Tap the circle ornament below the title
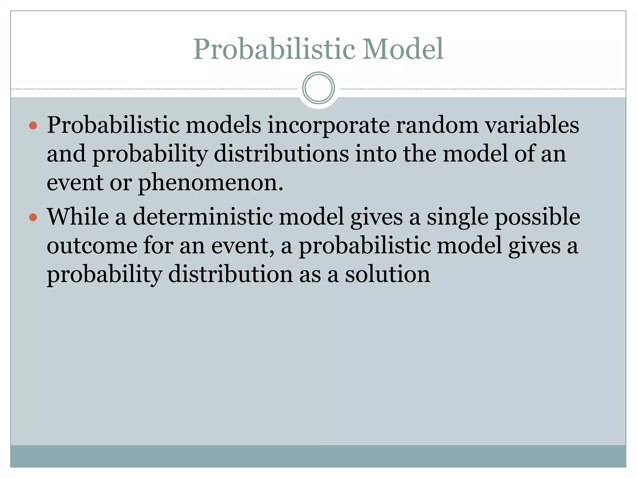pos(318,88)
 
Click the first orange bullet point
pos(33,126)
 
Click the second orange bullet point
pos(33,217)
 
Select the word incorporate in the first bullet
pos(328,125)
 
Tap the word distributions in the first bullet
pos(281,154)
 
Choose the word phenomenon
pos(210,183)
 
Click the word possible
pos(537,217)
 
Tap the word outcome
pos(92,246)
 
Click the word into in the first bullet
pos(376,154)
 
